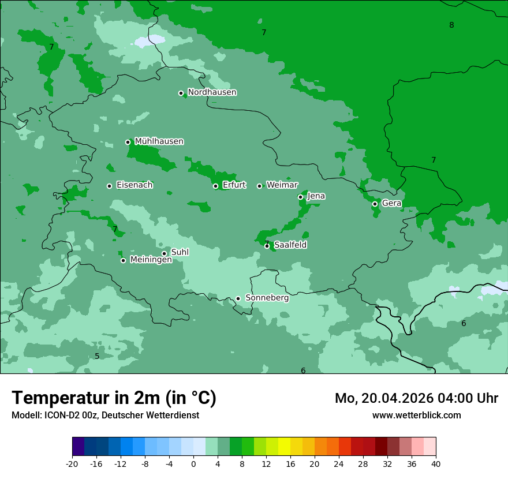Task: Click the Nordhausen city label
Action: tap(212, 92)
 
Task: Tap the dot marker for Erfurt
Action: tap(215, 186)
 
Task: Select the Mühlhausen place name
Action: tap(159, 141)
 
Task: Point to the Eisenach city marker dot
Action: tap(109, 186)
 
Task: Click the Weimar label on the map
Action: tap(282, 185)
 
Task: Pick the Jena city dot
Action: tap(300, 197)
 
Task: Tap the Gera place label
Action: tap(391, 203)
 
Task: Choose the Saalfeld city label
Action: tap(290, 245)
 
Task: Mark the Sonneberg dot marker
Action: tap(238, 298)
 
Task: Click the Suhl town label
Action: tap(180, 252)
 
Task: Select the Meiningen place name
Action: tap(151, 260)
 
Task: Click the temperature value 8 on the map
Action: tap(451, 25)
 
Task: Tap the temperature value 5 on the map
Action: tap(97, 356)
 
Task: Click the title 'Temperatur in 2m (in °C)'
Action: tap(114, 398)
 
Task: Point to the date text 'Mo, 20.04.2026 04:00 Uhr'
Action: tap(416, 398)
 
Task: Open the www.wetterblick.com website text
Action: tap(416, 415)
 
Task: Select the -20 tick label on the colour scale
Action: tap(72, 464)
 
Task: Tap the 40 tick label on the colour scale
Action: tap(436, 464)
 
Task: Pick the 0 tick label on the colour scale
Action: tap(193, 464)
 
